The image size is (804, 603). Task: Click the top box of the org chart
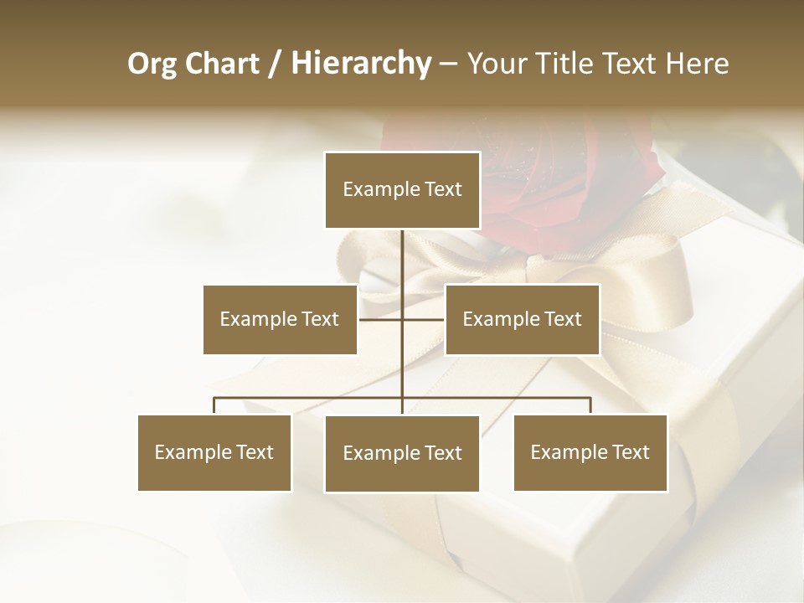(x=402, y=190)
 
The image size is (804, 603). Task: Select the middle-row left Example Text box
(x=280, y=319)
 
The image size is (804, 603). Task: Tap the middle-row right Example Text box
(x=522, y=319)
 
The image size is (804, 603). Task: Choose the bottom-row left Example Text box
(x=214, y=452)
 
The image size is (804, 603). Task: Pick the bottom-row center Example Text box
(x=402, y=453)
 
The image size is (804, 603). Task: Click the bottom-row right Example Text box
(x=590, y=452)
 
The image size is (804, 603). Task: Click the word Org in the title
(x=152, y=64)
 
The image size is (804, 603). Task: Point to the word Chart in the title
(x=222, y=64)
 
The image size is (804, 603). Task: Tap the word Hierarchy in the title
(x=360, y=64)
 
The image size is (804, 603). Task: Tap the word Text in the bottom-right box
(x=630, y=452)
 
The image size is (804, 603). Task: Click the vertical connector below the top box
(x=402, y=260)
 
